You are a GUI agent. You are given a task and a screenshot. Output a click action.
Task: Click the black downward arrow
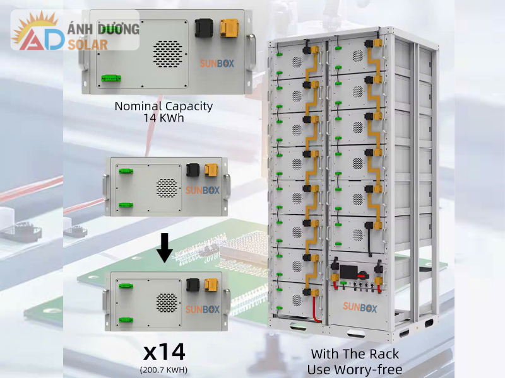[x=165, y=248]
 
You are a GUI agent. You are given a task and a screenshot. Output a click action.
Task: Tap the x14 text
[x=164, y=352]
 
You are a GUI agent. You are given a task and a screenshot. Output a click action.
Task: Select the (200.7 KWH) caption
[x=163, y=370]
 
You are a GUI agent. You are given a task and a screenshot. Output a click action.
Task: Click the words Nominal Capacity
[x=163, y=106]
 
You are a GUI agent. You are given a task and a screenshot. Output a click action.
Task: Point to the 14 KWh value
[x=163, y=118]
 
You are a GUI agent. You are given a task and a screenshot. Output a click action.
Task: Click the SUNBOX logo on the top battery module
[x=217, y=64]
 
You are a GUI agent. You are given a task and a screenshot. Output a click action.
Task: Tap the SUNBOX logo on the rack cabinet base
[x=360, y=307]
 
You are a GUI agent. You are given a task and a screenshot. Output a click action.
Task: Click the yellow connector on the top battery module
[x=229, y=28]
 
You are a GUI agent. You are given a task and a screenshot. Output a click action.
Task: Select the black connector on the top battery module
[x=204, y=28]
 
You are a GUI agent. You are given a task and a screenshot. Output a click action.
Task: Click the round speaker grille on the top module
[x=167, y=54]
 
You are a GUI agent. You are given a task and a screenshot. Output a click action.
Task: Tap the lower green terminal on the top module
[x=111, y=78]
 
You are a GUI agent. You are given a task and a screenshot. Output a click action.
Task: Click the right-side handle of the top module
[x=252, y=52]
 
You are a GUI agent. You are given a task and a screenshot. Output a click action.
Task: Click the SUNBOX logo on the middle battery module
[x=202, y=190]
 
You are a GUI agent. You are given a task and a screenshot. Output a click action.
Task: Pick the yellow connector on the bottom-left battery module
[x=211, y=285]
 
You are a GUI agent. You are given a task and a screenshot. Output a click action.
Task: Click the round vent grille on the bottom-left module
[x=167, y=303]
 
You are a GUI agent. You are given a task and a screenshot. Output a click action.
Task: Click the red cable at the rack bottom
[x=315, y=309]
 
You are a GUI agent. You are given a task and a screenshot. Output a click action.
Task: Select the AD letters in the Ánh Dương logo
[x=41, y=39]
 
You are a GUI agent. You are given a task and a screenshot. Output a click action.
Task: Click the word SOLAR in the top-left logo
[x=88, y=45]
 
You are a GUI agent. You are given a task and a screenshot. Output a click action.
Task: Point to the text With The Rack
[x=355, y=354]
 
